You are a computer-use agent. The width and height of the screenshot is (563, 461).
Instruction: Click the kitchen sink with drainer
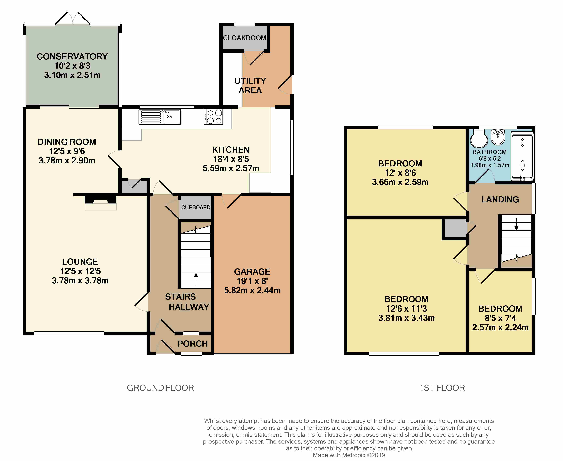pos(160,117)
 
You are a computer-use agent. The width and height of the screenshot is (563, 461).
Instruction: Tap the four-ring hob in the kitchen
pos(213,117)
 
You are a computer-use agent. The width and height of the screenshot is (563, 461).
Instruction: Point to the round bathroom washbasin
pos(498,137)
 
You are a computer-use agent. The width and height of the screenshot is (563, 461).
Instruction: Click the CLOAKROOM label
pos(245,38)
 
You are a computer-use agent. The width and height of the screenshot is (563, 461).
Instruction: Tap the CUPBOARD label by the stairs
pos(196,207)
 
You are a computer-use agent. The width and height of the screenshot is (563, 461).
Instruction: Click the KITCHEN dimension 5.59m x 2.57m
pos(231,168)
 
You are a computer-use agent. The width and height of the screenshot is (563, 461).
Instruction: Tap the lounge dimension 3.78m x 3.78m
pos(80,280)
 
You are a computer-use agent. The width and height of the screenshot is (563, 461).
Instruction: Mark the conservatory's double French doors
pos(73,18)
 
